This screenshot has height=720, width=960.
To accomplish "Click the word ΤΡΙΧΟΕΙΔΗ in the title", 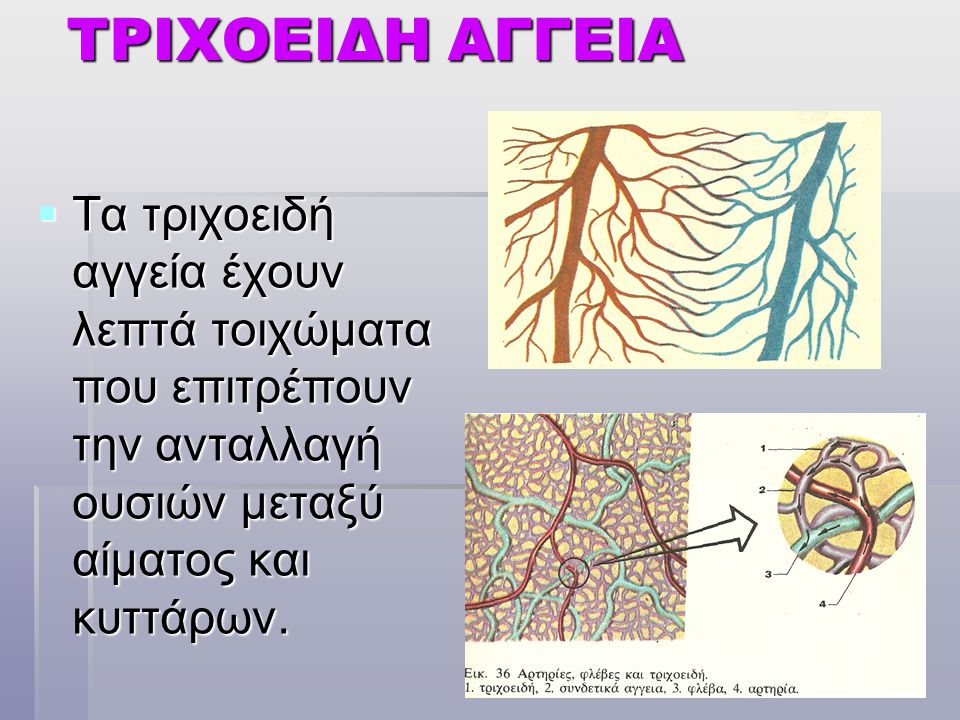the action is click(x=252, y=40).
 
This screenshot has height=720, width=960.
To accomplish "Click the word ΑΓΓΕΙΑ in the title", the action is click(x=566, y=40).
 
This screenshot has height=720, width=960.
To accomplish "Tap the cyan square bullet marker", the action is click(x=47, y=214).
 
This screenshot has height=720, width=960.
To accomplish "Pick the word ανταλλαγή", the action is click(x=268, y=448).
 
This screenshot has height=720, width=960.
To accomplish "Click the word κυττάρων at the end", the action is click(x=180, y=620).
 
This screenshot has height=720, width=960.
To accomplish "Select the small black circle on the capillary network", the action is click(x=574, y=573).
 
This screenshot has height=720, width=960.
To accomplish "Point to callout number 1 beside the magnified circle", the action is click(x=763, y=449).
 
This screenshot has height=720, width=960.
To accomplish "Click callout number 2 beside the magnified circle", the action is click(x=762, y=490).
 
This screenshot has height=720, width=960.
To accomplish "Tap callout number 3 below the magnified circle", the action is click(x=768, y=574).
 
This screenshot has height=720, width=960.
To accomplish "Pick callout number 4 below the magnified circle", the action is click(x=823, y=604).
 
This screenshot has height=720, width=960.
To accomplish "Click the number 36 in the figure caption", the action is click(x=503, y=674).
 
